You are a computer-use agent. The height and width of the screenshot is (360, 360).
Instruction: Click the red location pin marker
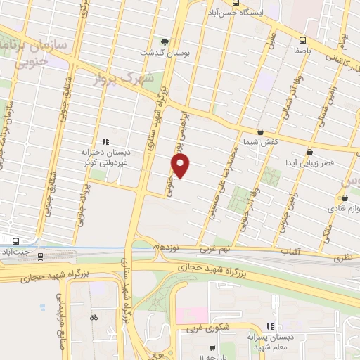coord(181,166)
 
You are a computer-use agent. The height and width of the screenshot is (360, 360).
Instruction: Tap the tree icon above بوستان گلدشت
coord(165,41)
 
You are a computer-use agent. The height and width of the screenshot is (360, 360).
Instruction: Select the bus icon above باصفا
coord(302,40)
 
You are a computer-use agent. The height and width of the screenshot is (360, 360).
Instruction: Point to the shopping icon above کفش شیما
coord(260,131)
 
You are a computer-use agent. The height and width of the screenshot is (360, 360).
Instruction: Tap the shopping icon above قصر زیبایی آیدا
coord(309,151)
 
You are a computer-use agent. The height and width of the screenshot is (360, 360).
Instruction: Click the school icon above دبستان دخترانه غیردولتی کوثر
coord(105,141)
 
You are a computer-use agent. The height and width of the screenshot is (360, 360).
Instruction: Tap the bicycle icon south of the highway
coord(94,317)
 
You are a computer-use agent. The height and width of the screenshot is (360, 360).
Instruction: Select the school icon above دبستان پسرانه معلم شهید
coord(269,326)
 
